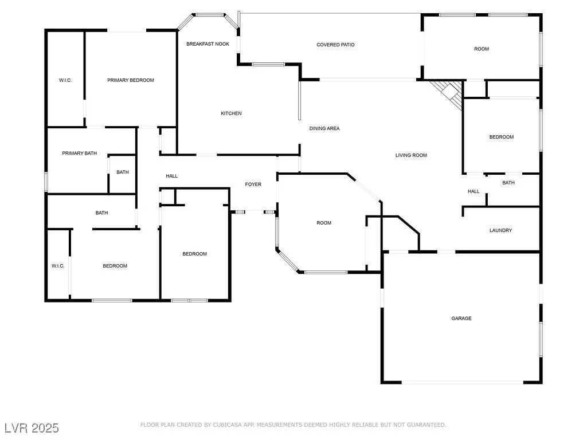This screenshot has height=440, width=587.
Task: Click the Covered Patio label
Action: pos(335,45)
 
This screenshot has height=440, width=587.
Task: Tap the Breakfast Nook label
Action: pos(208,44)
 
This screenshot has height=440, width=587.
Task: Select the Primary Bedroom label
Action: pos(131,80)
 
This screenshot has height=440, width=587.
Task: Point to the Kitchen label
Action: pos(231,113)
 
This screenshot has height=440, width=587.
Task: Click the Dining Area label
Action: pos(324,128)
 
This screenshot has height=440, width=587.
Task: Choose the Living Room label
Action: pos(411,155)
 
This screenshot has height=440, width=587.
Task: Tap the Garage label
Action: pos(461,319)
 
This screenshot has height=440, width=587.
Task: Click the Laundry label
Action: pos(500,230)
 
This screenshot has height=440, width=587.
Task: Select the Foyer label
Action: pos(253,184)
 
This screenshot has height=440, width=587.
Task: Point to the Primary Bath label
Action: pos(79,153)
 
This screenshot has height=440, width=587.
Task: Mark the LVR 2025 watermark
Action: pos(32,428)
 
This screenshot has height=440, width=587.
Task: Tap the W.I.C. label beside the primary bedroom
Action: pos(65,80)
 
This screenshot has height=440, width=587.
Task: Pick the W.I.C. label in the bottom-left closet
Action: pos(58,266)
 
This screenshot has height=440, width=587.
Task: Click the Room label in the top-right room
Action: pos(482,49)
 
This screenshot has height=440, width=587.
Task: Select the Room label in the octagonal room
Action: pos(324,223)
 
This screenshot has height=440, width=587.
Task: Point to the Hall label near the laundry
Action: pos(473,191)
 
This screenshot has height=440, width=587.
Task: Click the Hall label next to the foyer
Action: pos(172,176)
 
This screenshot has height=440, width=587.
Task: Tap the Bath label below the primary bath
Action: pos(101,213)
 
